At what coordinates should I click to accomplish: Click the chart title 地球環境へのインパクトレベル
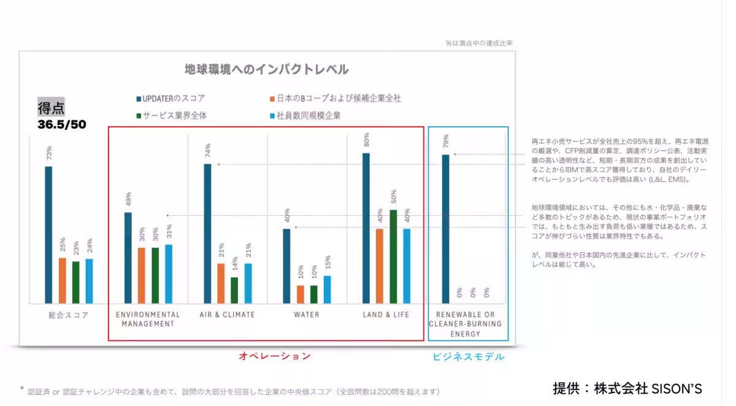267,69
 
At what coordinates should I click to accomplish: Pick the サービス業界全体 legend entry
175,115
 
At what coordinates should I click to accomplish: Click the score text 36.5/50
62,125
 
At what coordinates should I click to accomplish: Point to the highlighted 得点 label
51,109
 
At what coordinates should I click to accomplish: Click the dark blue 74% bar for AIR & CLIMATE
207,233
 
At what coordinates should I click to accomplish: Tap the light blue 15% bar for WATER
327,289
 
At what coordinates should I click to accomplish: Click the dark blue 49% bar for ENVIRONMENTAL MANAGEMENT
128,258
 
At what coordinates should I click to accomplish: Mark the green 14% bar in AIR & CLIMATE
234,290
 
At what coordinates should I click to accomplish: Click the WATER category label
306,315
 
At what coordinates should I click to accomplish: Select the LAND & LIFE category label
385,315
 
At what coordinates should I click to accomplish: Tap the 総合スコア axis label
69,315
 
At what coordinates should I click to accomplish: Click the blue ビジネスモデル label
469,356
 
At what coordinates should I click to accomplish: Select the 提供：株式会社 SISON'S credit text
627,388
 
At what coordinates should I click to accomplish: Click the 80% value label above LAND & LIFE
366,140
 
